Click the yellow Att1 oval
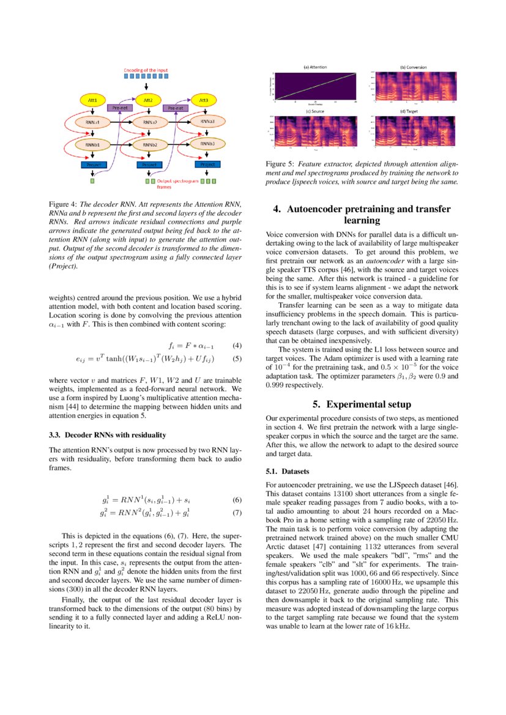click(x=92, y=99)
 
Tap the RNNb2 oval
click(x=150, y=144)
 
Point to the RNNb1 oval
click(x=92, y=144)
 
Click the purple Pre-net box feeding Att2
click(x=121, y=108)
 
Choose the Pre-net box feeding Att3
click(x=174, y=108)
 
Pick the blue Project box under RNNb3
click(x=207, y=165)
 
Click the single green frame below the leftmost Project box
click(x=92, y=181)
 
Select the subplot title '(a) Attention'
click(x=315, y=67)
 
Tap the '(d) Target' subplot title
click(x=413, y=111)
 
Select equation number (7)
click(x=237, y=512)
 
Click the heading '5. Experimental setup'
click(x=362, y=404)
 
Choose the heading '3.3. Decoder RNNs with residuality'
click(x=106, y=435)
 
